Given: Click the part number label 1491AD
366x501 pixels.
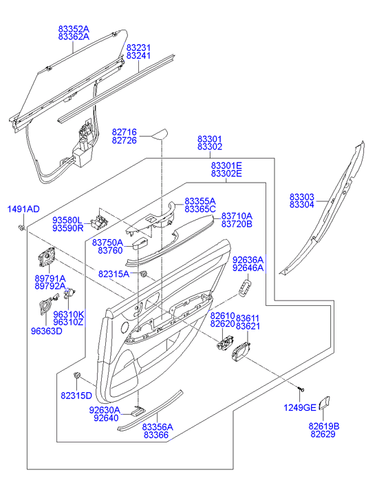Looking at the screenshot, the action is point(23,209).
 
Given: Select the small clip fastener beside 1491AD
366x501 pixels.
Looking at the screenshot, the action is point(22,227).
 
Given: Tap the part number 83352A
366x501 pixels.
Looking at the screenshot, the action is point(74,29).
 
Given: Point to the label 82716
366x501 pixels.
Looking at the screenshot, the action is point(124,132).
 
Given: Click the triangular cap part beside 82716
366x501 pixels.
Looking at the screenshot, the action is point(159,134).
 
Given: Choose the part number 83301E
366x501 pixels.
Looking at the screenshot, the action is point(226,166).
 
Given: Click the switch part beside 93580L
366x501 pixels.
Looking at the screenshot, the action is point(99,221).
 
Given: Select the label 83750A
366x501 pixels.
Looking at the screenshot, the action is point(107,243).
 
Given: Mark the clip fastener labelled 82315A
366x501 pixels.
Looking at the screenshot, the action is point(144,274).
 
